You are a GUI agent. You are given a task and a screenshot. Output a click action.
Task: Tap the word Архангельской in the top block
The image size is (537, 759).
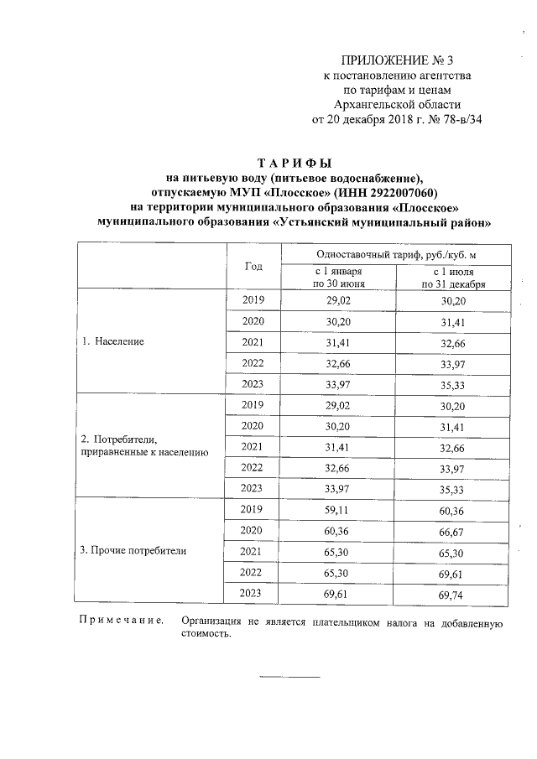tap(372, 105)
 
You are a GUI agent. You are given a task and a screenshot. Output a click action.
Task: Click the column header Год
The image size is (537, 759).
tap(253, 266)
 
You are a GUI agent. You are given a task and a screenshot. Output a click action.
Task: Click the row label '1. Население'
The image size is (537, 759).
tap(112, 342)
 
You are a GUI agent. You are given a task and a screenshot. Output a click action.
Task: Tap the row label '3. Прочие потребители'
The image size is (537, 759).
tap(133, 551)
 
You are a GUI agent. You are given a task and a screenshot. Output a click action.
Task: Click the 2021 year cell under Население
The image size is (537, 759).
tap(253, 342)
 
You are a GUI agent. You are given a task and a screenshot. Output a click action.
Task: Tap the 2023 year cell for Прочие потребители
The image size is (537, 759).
tap(253, 593)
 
